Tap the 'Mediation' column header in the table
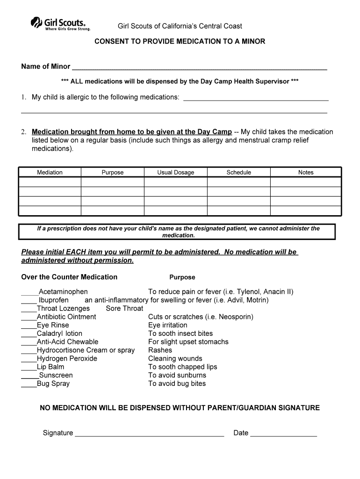click(50, 173)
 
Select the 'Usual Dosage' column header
click(176, 173)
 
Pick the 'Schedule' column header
click(239, 173)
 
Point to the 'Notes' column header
click(306, 173)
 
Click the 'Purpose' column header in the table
click(113, 173)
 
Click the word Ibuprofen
click(54, 300)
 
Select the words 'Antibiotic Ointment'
click(66, 317)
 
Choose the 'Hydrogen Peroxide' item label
click(67, 358)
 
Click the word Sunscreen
click(56, 375)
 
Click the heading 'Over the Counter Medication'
click(69, 277)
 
